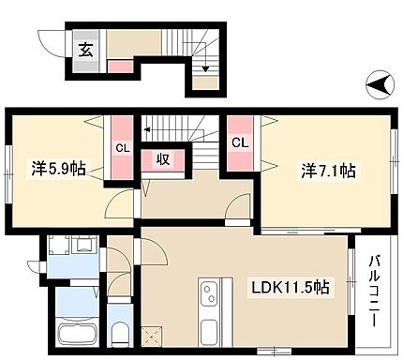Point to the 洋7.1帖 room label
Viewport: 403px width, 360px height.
330,172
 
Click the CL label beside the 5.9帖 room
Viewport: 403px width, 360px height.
123,147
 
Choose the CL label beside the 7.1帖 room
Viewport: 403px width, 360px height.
240,142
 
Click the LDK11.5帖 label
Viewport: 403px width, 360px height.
289,287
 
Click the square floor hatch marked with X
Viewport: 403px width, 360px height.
156,333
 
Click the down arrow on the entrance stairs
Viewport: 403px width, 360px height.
204,66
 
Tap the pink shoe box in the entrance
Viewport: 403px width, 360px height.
120,66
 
